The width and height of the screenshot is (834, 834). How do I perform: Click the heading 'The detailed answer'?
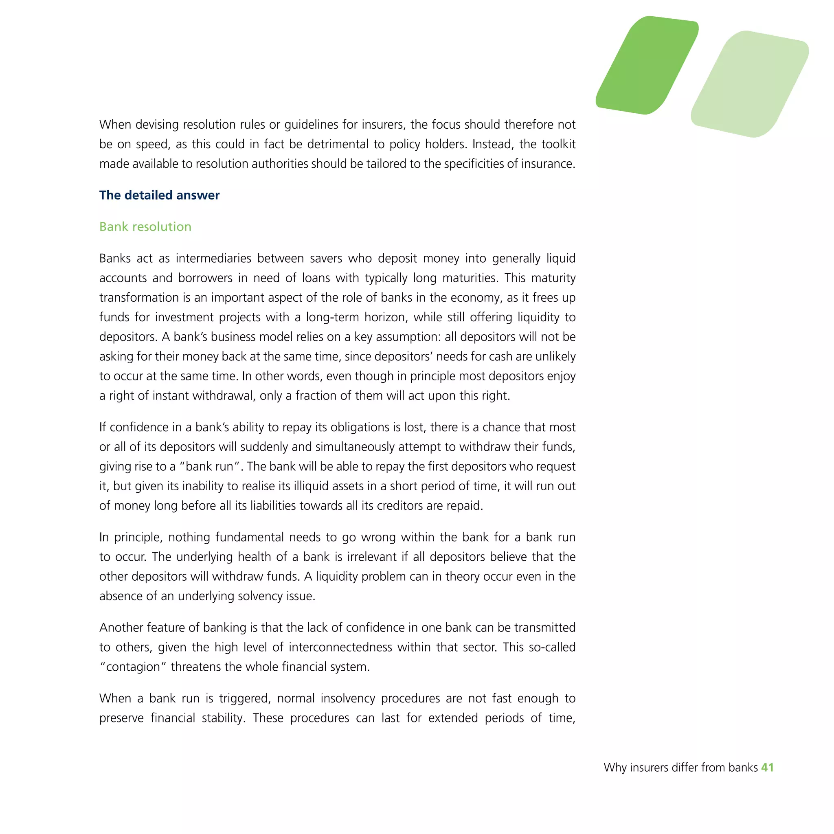(x=159, y=195)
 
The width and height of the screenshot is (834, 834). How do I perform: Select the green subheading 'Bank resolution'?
(x=145, y=227)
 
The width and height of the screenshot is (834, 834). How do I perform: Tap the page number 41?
(x=767, y=768)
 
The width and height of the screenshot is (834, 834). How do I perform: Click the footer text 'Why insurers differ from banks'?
(x=680, y=768)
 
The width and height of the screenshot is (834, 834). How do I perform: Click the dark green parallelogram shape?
(x=647, y=65)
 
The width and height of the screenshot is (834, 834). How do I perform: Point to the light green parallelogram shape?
(x=750, y=84)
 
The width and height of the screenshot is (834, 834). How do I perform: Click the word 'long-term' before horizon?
(x=332, y=317)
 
